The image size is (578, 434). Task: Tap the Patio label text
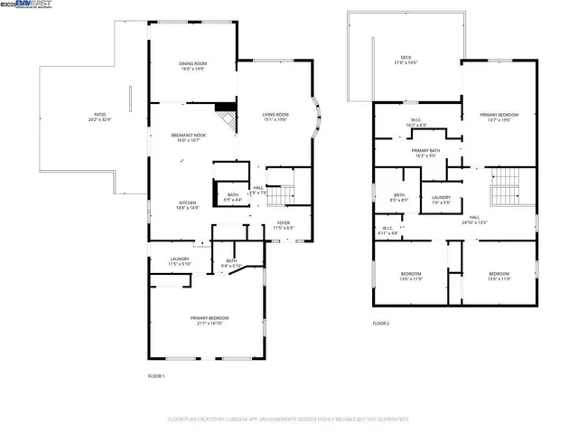coord(99,117)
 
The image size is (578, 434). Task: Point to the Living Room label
coord(275,117)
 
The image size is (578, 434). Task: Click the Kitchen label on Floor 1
coord(187,204)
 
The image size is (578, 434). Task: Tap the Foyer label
coord(284,225)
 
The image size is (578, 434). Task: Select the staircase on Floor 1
coord(284,194)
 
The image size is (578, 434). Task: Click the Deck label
coord(406,61)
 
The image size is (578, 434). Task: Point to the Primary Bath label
coord(424,153)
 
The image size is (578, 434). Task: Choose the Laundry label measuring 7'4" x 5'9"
coord(441,199)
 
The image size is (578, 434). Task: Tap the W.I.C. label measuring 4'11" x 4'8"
coord(387,230)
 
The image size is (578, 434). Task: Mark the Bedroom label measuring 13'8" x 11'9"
coord(499,277)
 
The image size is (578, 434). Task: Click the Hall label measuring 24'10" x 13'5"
coord(474,219)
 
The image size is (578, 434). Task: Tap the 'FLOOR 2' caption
coord(381,323)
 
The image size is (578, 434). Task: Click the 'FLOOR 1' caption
coord(156,375)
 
